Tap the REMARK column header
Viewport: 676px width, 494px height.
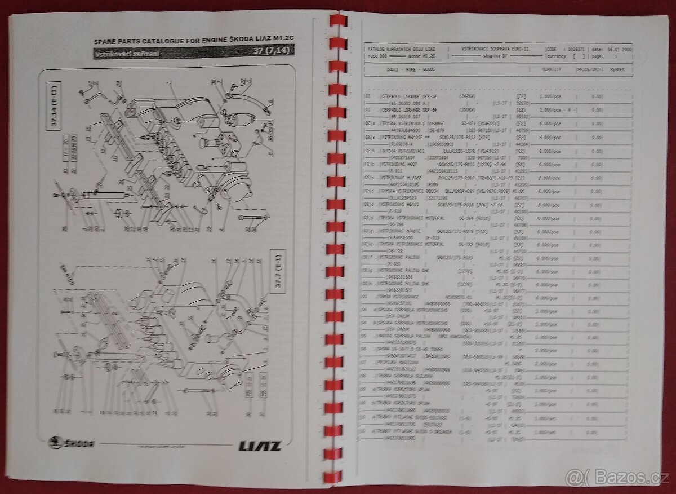click(617, 68)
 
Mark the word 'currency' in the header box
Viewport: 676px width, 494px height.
click(558, 57)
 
